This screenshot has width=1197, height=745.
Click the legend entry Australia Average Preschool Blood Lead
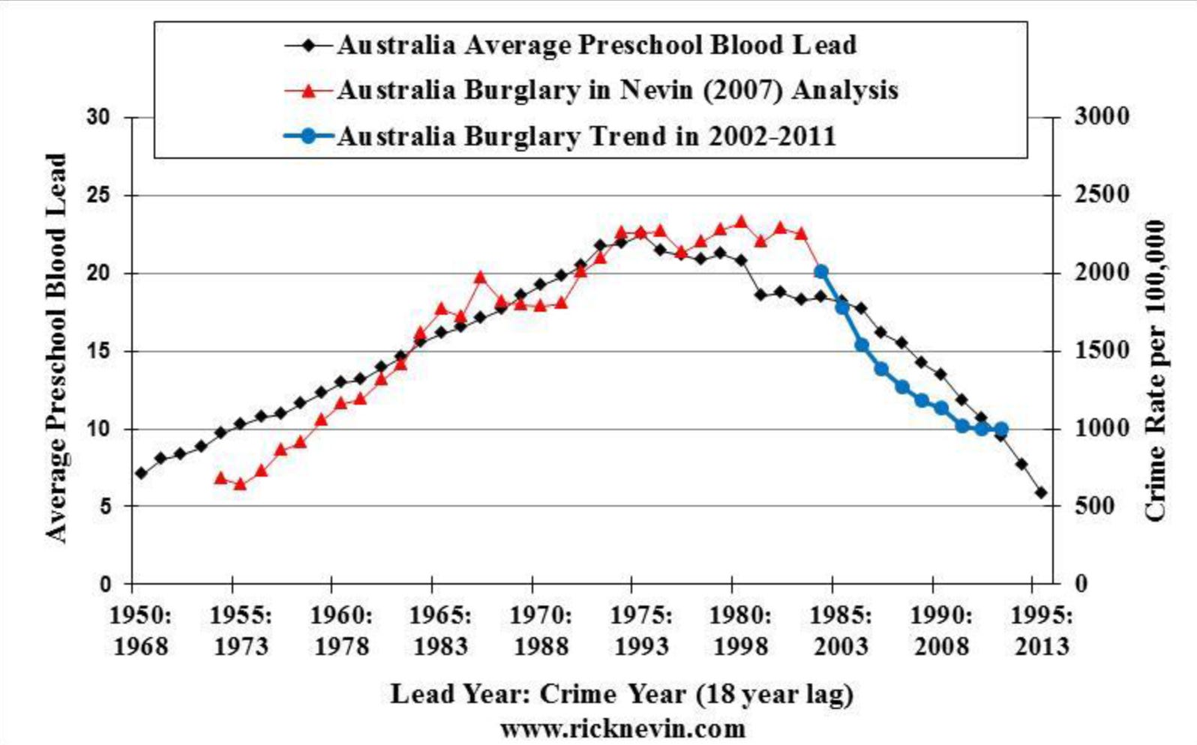596,45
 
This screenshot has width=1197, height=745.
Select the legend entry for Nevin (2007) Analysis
616,91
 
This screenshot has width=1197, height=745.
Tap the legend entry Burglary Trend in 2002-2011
585,136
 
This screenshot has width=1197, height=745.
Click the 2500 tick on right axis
1101,195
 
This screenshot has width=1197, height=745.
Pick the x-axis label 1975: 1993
641,630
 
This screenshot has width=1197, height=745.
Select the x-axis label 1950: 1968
141,630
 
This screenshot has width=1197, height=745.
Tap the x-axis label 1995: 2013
1042,630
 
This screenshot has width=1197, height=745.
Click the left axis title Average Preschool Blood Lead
57,349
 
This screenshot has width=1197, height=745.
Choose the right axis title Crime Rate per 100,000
1156,371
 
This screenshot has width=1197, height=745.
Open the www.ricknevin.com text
622,729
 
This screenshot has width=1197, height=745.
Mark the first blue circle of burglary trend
821,271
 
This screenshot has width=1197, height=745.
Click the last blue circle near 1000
1000,429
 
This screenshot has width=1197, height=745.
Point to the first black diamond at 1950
141,473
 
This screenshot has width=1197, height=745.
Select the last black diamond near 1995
1041,492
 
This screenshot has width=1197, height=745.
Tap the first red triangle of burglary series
220,477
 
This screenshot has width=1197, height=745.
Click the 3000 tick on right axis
1101,117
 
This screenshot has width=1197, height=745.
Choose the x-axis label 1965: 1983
441,630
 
